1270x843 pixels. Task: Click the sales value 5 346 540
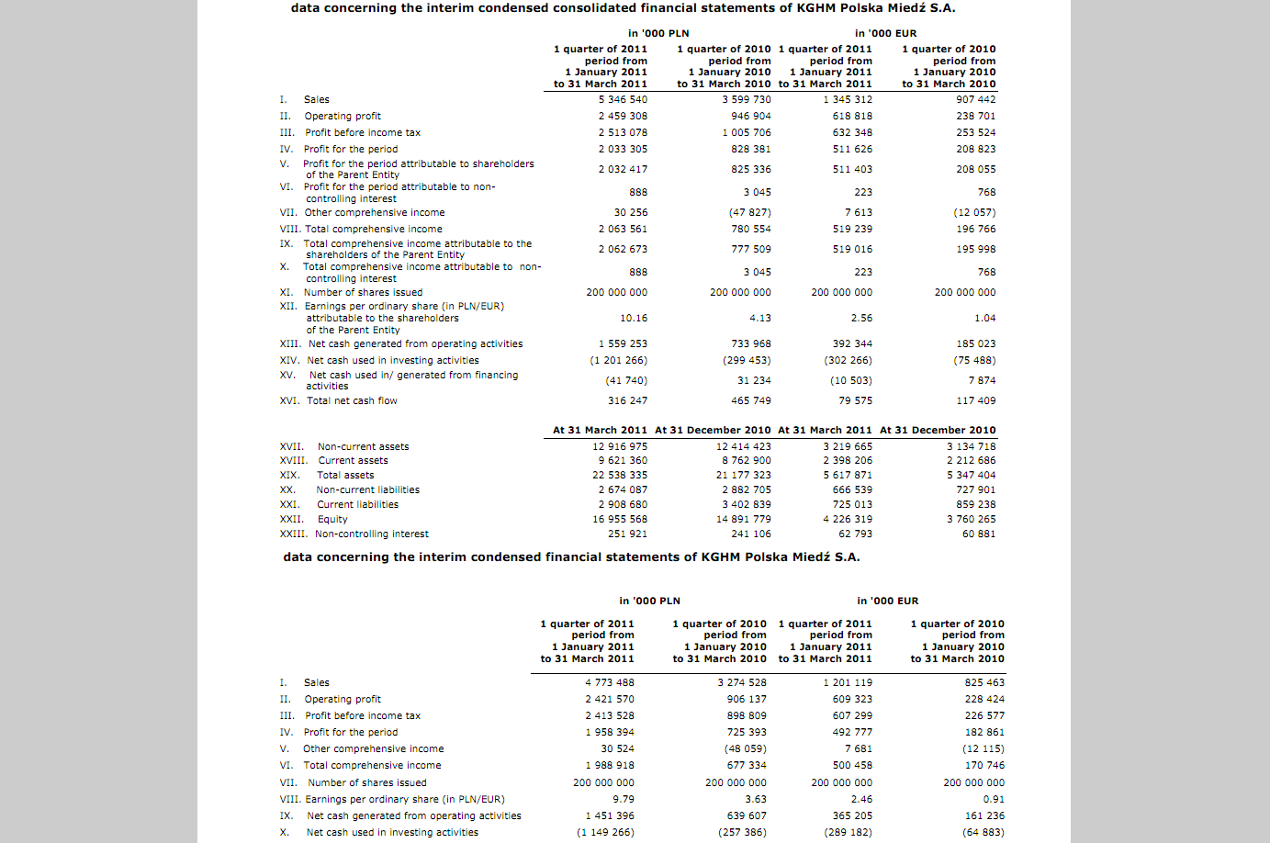623,99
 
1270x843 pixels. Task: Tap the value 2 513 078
623,132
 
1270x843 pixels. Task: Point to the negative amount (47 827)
749,212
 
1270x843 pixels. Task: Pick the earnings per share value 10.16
634,318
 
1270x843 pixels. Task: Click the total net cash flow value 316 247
627,400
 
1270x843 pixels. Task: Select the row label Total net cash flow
352,400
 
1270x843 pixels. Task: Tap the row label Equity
332,519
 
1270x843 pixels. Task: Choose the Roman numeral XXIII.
293,534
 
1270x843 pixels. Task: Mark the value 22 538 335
620,475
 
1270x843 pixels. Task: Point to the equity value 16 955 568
620,519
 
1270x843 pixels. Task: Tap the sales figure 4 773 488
609,682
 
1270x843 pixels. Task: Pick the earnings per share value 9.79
624,799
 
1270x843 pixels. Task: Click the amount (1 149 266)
605,832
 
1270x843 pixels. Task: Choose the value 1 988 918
609,765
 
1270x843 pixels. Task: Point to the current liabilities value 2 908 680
623,504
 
